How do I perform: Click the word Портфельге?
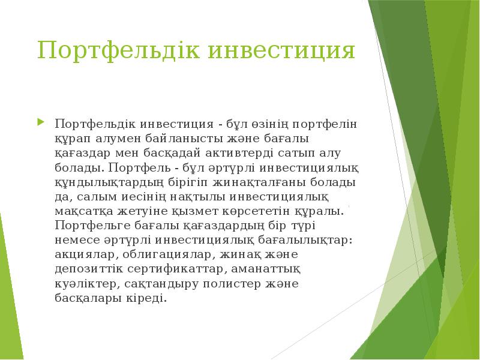pos(89,226)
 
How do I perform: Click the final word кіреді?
pos(146,298)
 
